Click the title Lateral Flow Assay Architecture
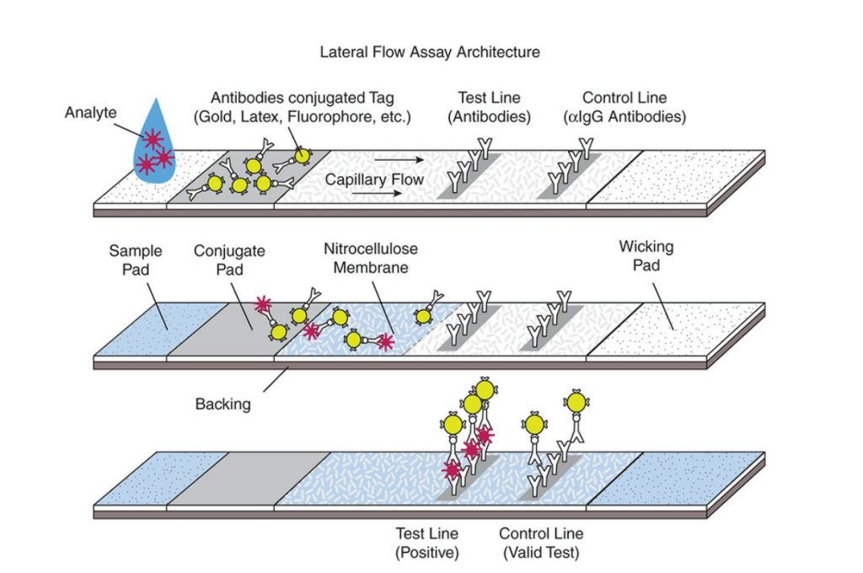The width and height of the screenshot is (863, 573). click(430, 52)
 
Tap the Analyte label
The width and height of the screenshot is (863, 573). click(91, 112)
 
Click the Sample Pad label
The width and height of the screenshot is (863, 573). click(136, 260)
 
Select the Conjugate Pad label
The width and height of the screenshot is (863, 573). click(217, 260)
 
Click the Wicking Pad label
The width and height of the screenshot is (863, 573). click(646, 255)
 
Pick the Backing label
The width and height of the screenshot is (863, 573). click(222, 404)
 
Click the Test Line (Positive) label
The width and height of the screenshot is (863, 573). click(427, 544)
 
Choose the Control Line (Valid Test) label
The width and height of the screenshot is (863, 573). click(540, 544)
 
